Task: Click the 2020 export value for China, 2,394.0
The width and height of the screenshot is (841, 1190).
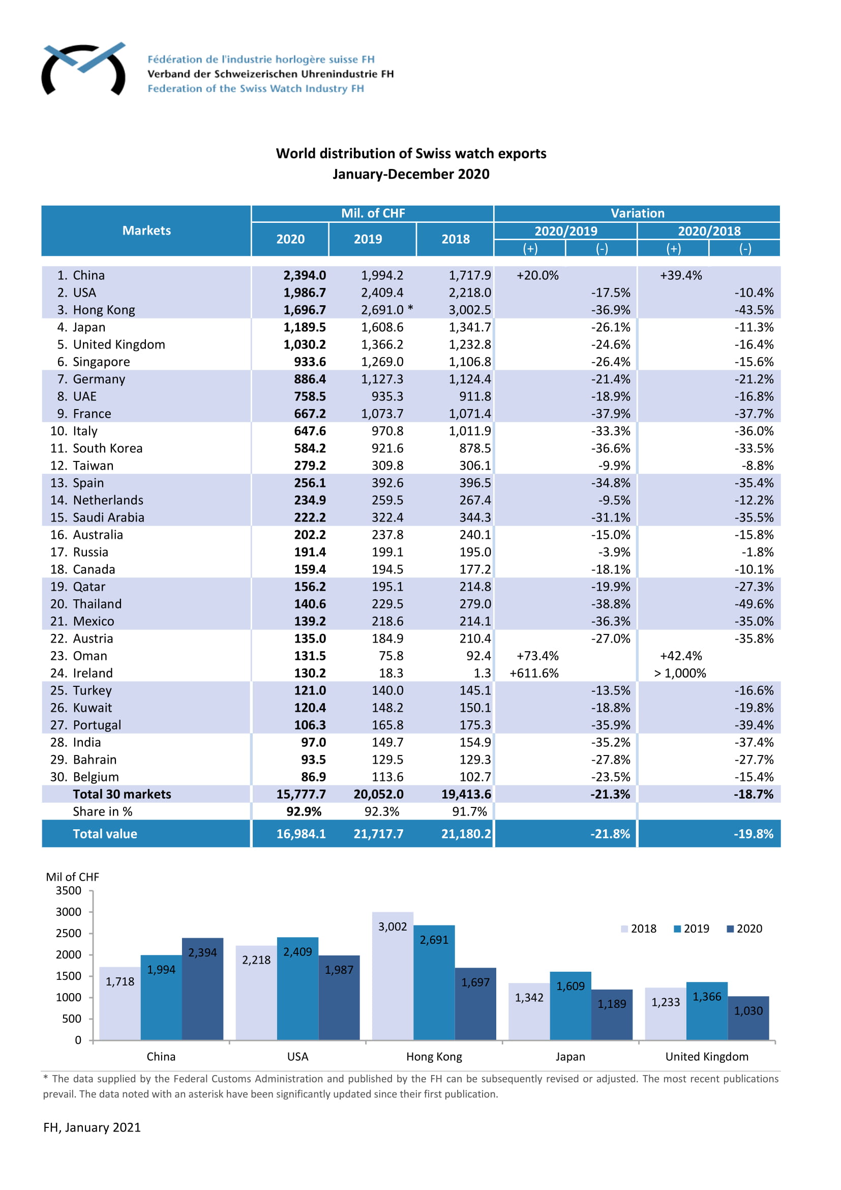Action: (x=305, y=275)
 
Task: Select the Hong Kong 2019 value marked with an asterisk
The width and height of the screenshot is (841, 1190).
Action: (x=386, y=310)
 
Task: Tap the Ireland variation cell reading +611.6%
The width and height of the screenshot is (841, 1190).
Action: (x=534, y=673)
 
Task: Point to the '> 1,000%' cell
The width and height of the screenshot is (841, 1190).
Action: (x=680, y=673)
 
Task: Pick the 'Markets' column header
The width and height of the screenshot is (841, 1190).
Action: (x=146, y=230)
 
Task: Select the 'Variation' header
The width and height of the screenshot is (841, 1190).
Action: (x=637, y=214)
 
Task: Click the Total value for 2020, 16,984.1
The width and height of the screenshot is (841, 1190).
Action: (x=301, y=834)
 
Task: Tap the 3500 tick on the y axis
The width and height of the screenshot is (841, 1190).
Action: (x=68, y=890)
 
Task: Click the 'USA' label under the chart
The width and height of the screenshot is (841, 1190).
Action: (x=298, y=1056)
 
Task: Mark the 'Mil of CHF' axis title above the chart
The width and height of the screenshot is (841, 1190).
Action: (x=73, y=877)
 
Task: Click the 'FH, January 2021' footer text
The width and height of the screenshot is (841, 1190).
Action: (x=92, y=1128)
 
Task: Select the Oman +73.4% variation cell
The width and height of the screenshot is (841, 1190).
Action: (x=537, y=656)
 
